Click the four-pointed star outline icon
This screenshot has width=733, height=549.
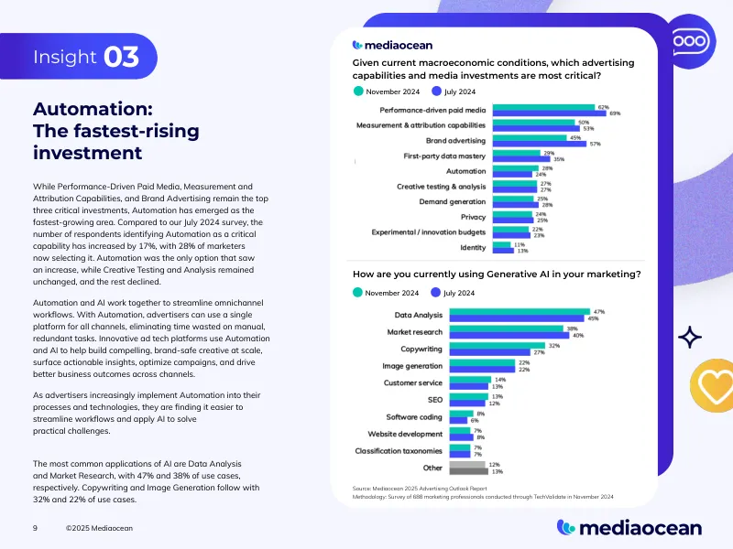689,339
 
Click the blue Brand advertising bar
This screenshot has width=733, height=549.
546,144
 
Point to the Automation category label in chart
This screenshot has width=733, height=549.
465,171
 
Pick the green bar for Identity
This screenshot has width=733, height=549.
502,244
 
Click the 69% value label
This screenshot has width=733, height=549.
615,113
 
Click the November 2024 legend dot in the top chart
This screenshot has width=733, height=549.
358,91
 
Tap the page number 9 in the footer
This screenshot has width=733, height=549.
35,528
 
